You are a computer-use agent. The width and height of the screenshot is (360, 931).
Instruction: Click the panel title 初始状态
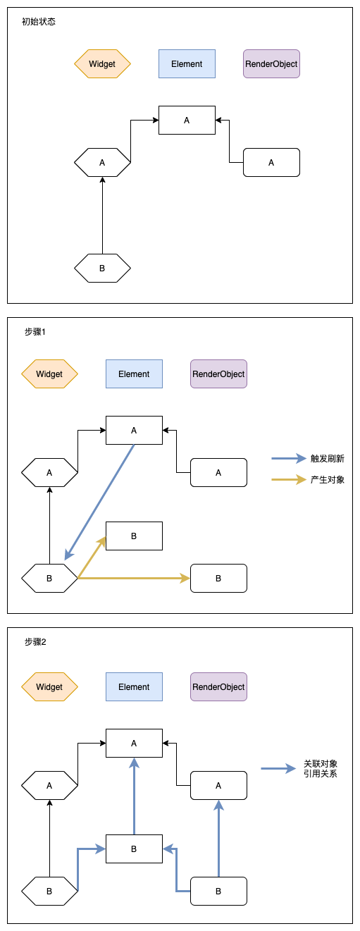[x=39, y=22]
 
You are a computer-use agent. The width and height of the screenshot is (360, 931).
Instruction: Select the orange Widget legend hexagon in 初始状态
[x=102, y=63]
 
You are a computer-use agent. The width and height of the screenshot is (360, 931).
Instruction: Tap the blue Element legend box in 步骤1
[x=134, y=374]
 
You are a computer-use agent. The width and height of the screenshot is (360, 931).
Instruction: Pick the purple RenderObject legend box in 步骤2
[x=218, y=686]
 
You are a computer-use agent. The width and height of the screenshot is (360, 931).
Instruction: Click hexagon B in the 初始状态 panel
[x=102, y=268]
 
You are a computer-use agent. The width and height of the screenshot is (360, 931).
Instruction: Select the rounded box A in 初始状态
[x=271, y=162]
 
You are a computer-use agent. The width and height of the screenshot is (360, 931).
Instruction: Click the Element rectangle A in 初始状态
[x=187, y=120]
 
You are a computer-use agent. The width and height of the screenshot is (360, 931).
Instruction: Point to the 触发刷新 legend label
[x=327, y=458]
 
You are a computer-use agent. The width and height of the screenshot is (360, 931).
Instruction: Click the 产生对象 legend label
[x=327, y=480]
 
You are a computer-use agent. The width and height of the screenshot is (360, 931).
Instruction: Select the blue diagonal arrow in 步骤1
[x=99, y=502]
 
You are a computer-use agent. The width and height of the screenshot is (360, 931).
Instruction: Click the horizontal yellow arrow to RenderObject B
[x=134, y=578]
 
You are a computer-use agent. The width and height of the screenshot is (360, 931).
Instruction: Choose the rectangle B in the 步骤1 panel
[x=134, y=536]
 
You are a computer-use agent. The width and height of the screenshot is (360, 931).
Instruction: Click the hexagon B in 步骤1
[x=49, y=578]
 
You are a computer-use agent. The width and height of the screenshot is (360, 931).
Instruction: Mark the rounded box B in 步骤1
[x=218, y=578]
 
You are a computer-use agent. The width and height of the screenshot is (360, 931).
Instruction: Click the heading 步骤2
[x=35, y=642]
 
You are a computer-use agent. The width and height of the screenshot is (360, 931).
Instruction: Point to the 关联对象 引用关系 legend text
[x=320, y=768]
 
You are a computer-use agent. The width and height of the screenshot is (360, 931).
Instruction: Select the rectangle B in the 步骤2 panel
[x=134, y=849]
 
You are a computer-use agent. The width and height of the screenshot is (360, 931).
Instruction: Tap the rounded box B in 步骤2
[x=218, y=891]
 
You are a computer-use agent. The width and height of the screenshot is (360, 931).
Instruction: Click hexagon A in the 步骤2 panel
[x=49, y=785]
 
